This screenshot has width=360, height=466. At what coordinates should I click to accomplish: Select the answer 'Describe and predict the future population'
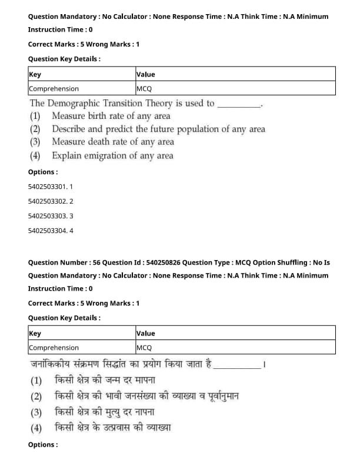pyautogui.click(x=158, y=129)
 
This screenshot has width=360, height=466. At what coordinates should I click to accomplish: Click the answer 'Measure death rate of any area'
pyautogui.click(x=112, y=142)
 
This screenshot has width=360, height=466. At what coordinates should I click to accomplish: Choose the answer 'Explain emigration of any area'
pyautogui.click(x=112, y=156)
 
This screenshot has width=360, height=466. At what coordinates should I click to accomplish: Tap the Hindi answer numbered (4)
pyautogui.click(x=112, y=428)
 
